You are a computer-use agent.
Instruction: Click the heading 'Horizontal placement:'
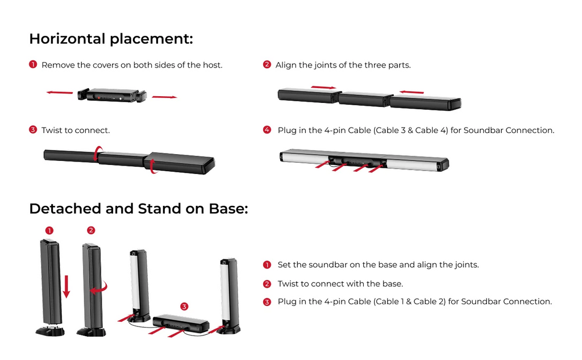pyautogui.click(x=111, y=39)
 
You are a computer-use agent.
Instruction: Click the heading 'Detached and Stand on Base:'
pyautogui.click(x=138, y=209)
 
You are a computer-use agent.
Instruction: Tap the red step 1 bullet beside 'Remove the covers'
pyautogui.click(x=33, y=65)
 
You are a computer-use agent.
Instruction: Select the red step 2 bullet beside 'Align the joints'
pyautogui.click(x=267, y=65)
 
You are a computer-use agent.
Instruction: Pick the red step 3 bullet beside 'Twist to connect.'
pyautogui.click(x=33, y=130)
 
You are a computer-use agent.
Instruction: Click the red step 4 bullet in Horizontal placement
pyautogui.click(x=267, y=130)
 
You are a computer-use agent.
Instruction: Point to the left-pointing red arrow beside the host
pyautogui.click(x=60, y=92)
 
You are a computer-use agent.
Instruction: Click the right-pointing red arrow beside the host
pyautogui.click(x=164, y=97)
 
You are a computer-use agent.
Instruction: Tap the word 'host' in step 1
pyautogui.click(x=213, y=65)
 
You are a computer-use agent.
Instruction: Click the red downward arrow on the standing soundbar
pyautogui.click(x=66, y=286)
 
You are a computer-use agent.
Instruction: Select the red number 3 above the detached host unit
pyautogui.click(x=184, y=307)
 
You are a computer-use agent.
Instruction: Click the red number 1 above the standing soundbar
pyautogui.click(x=49, y=230)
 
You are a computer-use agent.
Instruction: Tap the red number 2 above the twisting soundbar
pyautogui.click(x=91, y=230)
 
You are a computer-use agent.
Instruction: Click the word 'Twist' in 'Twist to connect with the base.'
pyautogui.click(x=288, y=284)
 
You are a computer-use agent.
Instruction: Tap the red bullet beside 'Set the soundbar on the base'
pyautogui.click(x=267, y=265)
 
